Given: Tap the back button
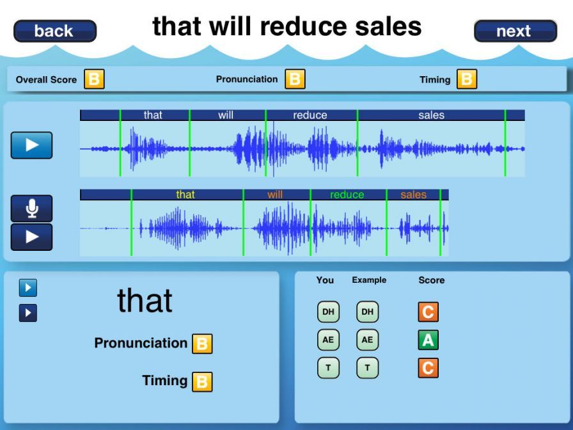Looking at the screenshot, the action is (55, 31).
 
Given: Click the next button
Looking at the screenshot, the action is (515, 31).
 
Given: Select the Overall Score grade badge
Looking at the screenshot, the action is (94, 79).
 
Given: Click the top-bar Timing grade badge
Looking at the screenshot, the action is (467, 79).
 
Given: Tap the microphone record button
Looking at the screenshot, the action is (31, 209).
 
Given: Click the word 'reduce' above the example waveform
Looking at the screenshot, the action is (310, 115).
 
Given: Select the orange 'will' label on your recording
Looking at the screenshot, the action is (275, 195).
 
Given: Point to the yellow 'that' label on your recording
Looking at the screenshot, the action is (185, 195).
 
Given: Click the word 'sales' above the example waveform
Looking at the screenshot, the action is (431, 115).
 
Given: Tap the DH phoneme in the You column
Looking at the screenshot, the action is (328, 312).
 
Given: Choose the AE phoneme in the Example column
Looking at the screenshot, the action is (367, 340).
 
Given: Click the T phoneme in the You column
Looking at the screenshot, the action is (328, 368).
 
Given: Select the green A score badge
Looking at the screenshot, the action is (428, 340).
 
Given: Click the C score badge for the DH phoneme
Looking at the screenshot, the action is (428, 312).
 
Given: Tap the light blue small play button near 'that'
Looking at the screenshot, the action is (28, 288).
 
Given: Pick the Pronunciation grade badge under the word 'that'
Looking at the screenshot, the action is (203, 344).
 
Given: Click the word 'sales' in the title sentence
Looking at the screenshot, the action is (388, 27).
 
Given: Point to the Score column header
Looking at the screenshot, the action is (432, 280).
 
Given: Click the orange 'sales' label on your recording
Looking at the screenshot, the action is (413, 195).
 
